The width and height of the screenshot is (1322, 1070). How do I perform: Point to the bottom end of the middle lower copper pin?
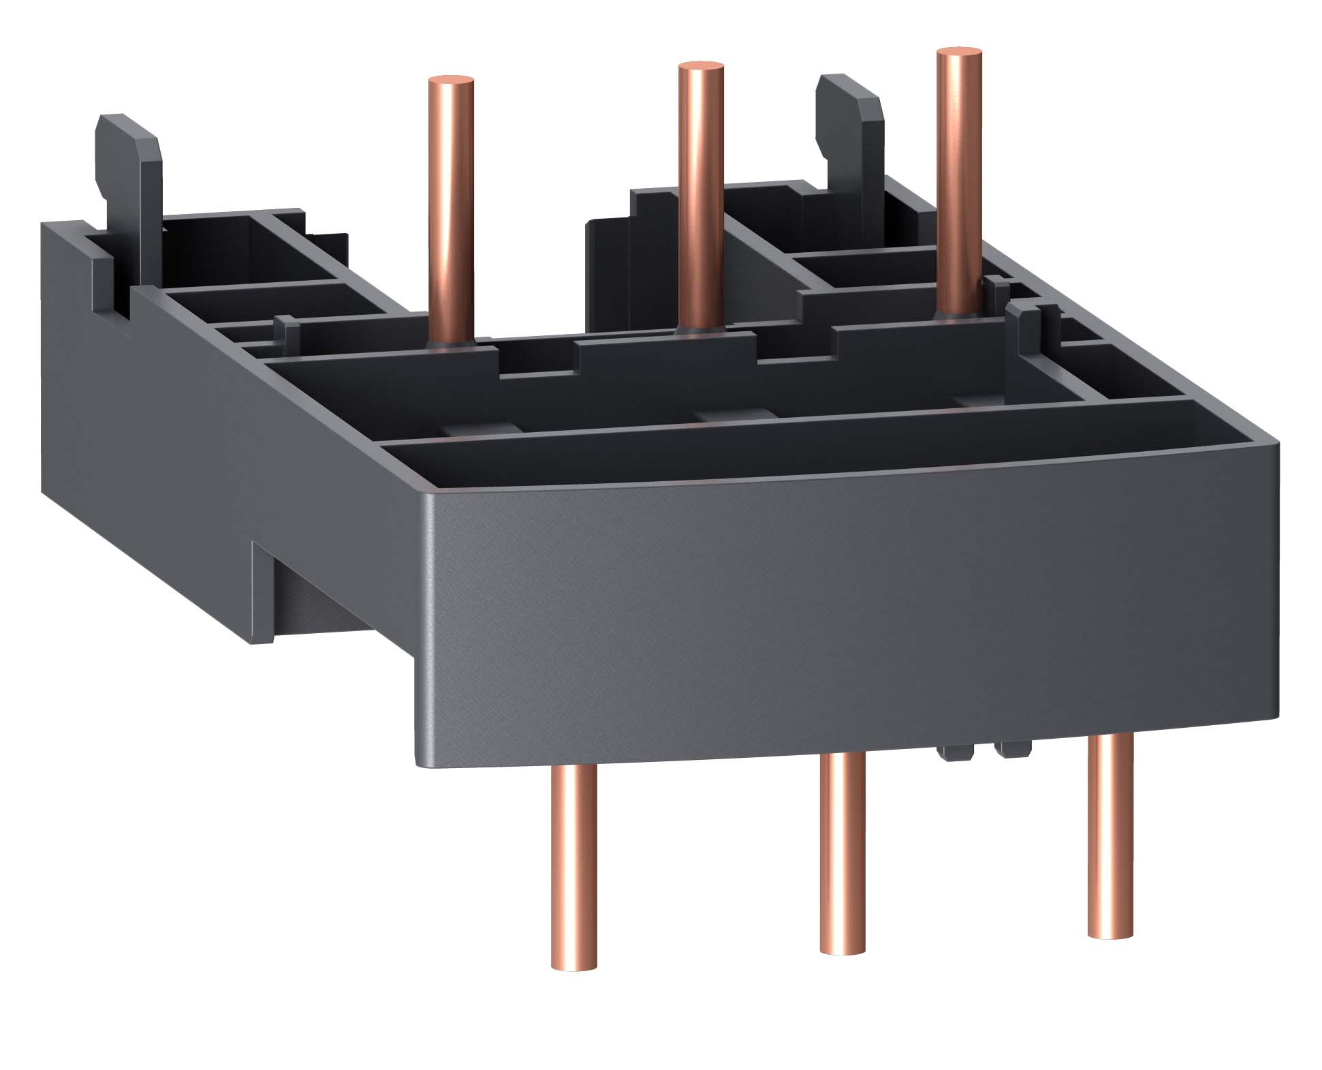point(843,947)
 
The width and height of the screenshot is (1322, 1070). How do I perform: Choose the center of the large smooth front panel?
point(845,613)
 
